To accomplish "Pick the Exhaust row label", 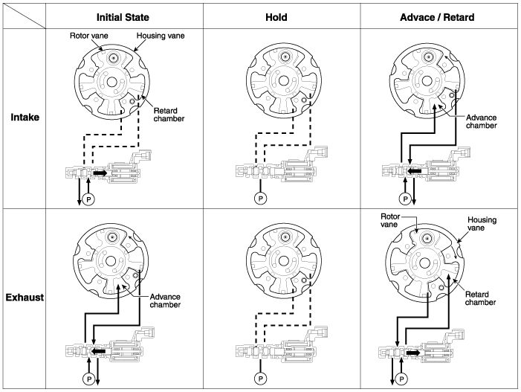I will click(x=26, y=298).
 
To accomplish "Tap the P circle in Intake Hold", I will click(x=261, y=199).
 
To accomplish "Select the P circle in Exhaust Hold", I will click(x=261, y=378).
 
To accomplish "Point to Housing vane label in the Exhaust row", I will click(x=482, y=225).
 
